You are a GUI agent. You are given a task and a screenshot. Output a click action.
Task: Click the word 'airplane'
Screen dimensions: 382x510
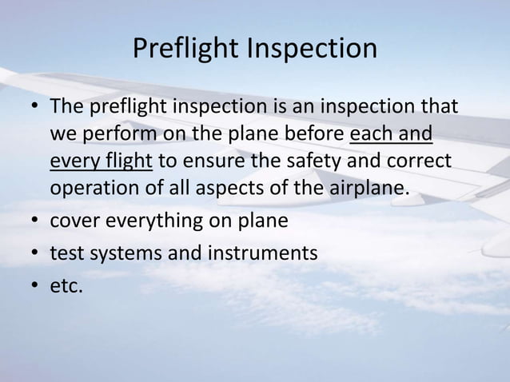tap(373, 189)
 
